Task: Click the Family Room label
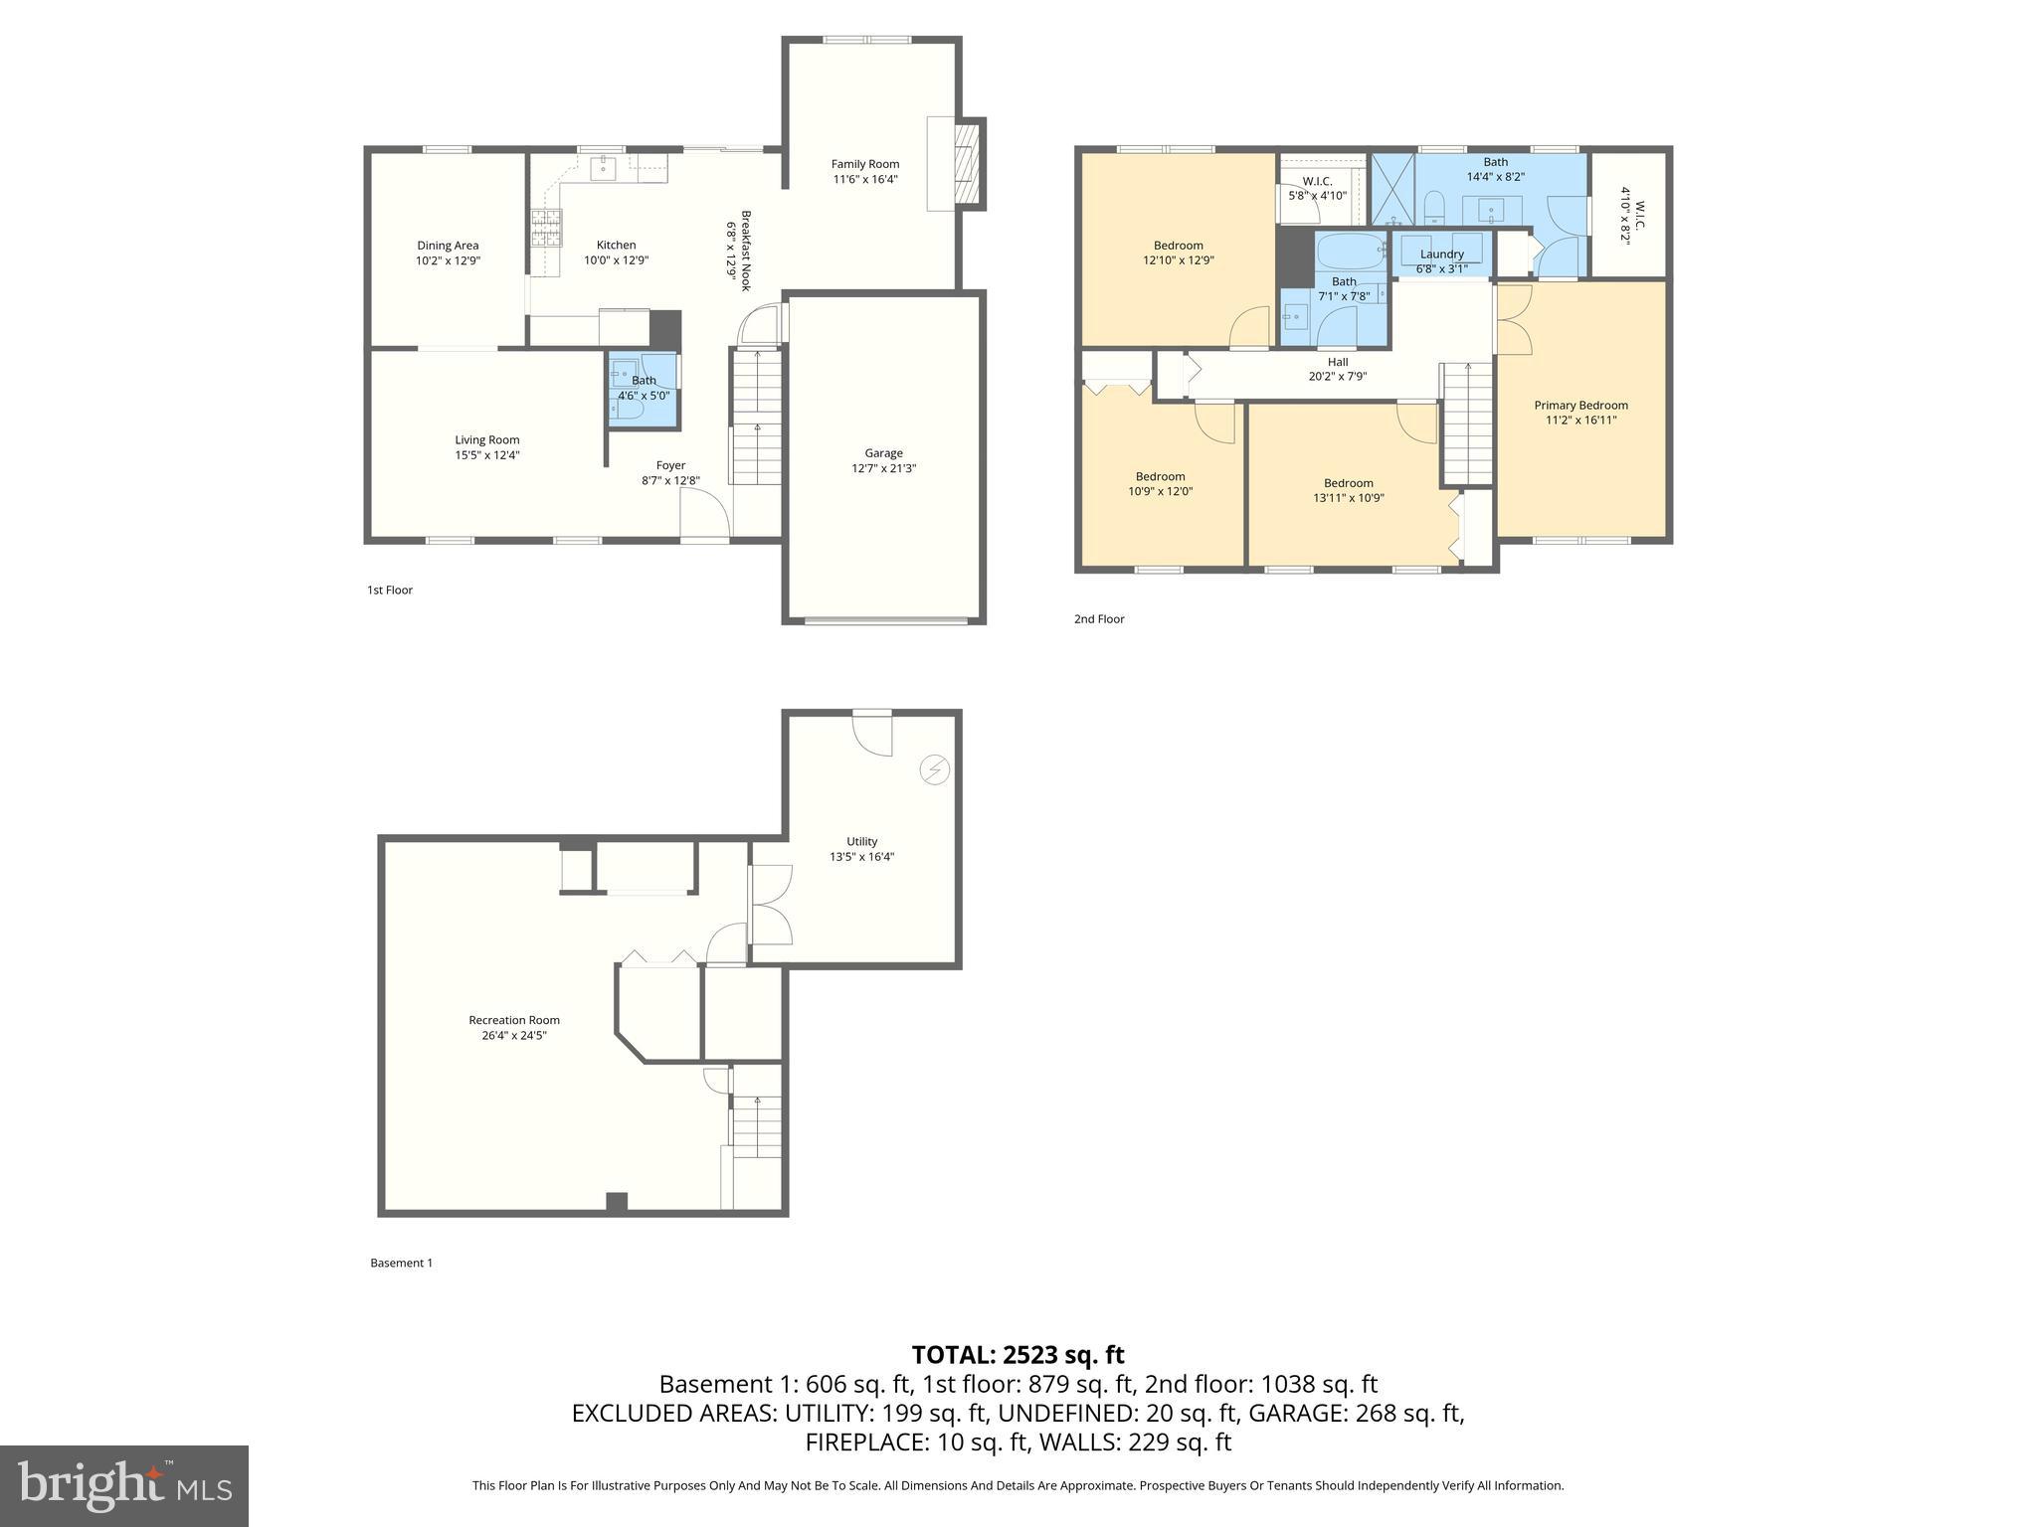864,164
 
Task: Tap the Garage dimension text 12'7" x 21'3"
883,468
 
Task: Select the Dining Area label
448,246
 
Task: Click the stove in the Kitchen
545,228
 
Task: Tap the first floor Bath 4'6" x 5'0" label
644,388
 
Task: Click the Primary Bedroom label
1580,405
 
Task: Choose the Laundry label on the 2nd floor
1441,254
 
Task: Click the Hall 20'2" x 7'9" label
1337,369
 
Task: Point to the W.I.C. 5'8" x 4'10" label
1317,189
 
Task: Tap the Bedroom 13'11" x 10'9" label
1348,490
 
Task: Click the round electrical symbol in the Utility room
935,769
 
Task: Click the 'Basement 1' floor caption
401,1263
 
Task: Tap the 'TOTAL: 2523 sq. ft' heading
1018,1355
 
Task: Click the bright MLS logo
124,1485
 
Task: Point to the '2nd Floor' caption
1098,618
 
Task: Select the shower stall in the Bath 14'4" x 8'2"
1392,189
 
